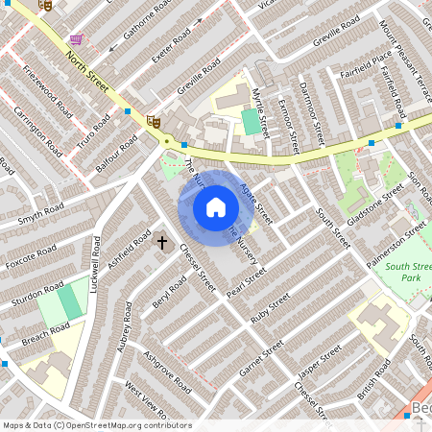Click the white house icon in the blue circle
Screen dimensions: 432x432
click(x=216, y=207)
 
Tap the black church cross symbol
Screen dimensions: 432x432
click(x=162, y=242)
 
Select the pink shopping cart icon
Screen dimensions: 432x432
click(x=76, y=39)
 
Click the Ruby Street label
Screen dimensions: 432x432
click(x=270, y=309)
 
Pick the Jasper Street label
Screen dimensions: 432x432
click(x=318, y=363)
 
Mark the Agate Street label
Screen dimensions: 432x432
click(x=256, y=203)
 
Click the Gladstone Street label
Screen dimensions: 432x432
click(x=375, y=208)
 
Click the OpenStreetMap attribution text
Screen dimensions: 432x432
click(x=96, y=425)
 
